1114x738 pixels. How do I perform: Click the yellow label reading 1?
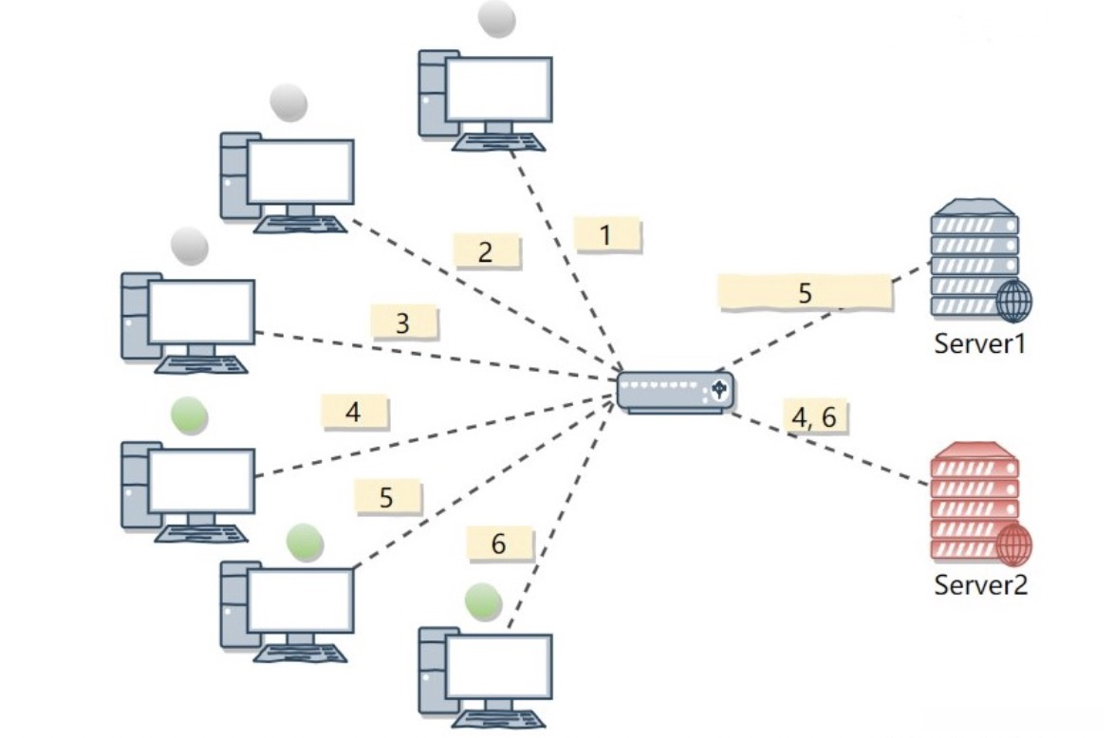click(607, 234)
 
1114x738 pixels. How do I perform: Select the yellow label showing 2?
click(487, 251)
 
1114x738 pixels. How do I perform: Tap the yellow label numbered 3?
click(403, 323)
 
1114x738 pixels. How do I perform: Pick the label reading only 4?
click(355, 412)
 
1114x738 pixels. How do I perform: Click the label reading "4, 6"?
click(815, 416)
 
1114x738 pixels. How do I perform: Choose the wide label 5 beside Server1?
click(805, 293)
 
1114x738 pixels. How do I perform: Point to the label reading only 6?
click(499, 544)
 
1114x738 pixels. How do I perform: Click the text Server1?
click(979, 343)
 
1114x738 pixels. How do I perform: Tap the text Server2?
click(980, 584)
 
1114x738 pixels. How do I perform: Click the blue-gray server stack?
click(980, 261)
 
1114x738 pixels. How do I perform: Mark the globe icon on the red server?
click(1013, 545)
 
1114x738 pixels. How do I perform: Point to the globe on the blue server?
click(1013, 302)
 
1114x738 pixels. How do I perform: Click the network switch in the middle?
click(675, 392)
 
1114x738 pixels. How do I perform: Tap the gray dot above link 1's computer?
click(496, 18)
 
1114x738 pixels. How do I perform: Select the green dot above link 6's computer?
click(483, 600)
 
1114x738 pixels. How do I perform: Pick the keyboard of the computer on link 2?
click(301, 225)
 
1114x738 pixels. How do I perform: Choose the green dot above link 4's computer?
click(190, 415)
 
